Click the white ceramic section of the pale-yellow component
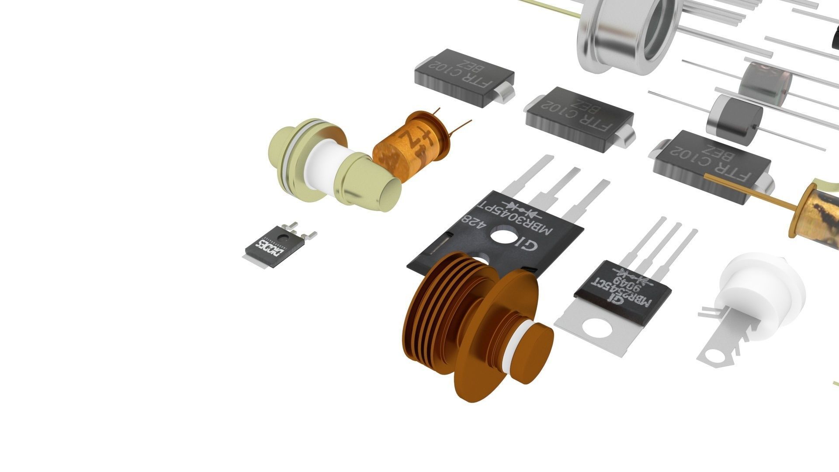tap(323, 164)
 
